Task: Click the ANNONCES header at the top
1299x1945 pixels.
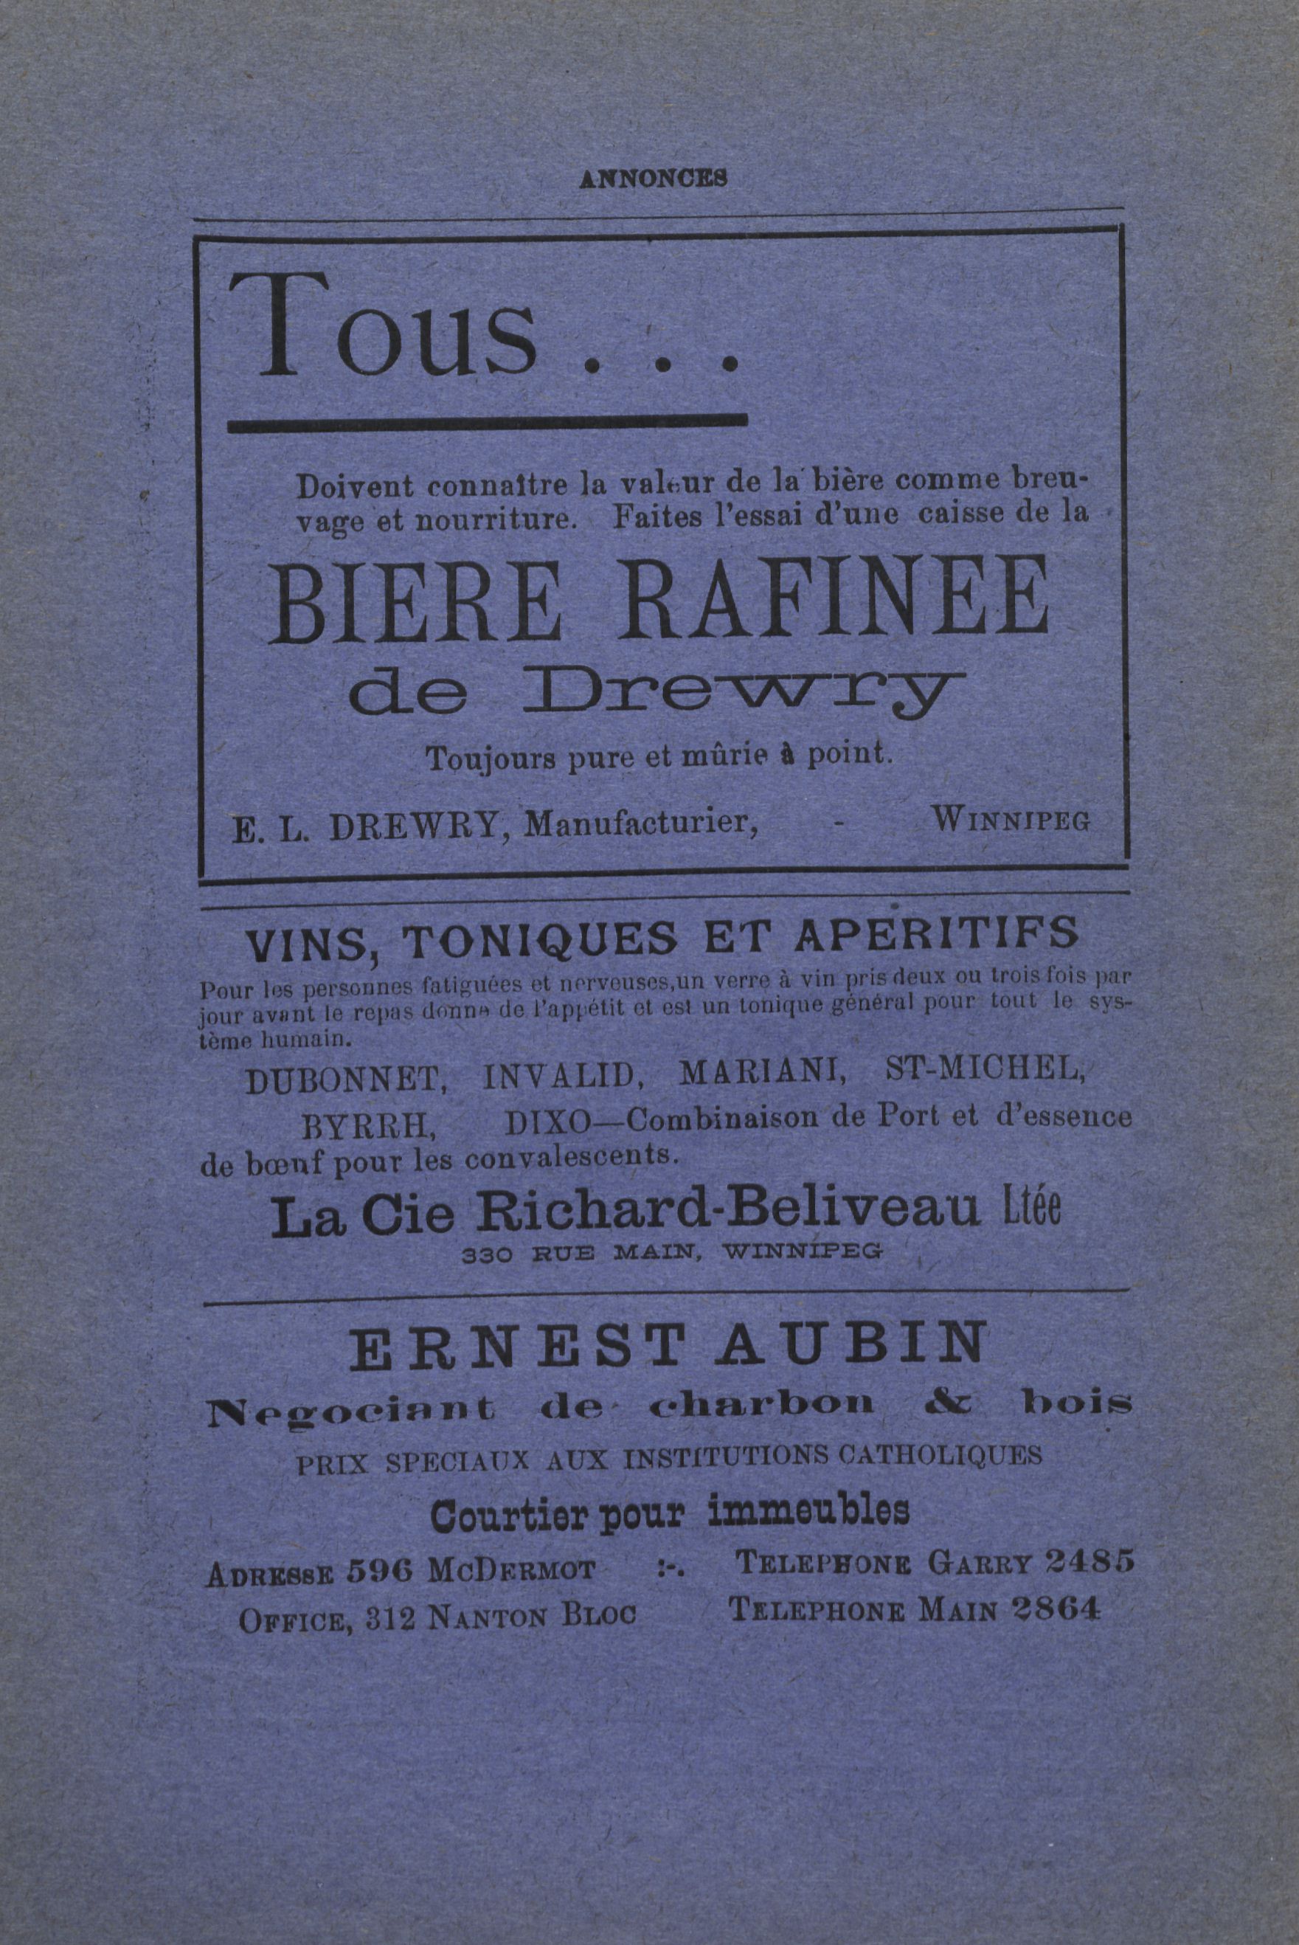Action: point(653,177)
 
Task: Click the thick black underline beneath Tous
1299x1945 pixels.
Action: point(487,423)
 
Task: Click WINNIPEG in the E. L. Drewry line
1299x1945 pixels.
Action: point(1011,821)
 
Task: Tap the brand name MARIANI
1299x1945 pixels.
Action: point(761,1072)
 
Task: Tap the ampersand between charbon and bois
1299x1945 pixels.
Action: point(949,1403)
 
